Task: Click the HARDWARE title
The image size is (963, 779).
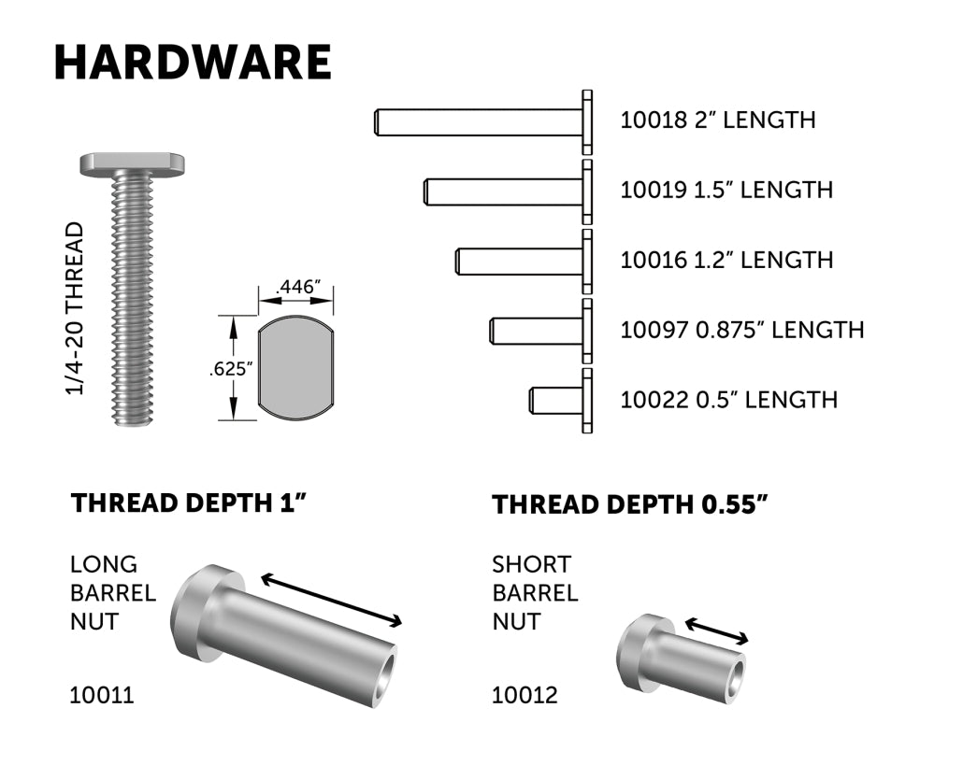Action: click(192, 63)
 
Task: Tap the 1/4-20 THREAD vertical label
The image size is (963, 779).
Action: click(76, 308)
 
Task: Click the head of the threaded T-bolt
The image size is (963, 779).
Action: click(131, 164)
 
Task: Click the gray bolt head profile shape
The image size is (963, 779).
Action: click(295, 368)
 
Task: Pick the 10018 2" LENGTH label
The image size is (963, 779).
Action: click(717, 120)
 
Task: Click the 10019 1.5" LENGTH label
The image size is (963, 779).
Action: click(726, 190)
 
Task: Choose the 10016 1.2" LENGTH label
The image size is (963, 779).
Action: click(726, 260)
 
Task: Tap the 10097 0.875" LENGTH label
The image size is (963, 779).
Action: click(741, 330)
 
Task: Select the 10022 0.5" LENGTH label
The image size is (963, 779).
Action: click(728, 400)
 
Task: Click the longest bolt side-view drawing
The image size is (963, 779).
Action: click(481, 121)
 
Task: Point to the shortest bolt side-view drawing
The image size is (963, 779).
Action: click(559, 401)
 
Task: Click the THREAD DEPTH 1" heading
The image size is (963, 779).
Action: click(190, 503)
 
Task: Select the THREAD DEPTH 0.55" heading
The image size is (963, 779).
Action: click(630, 505)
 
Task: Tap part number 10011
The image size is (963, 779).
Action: click(101, 695)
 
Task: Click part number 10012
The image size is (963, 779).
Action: click(525, 695)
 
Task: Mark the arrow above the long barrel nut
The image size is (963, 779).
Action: click(332, 601)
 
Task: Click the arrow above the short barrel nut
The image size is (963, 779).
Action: click(717, 630)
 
